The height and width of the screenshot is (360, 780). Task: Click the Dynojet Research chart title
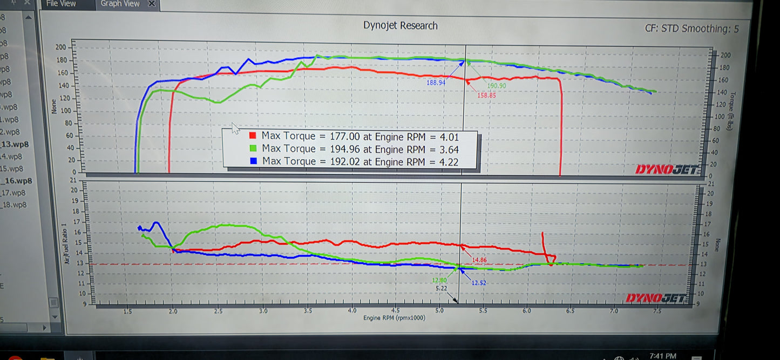(400, 25)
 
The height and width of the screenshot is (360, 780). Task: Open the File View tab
(61, 3)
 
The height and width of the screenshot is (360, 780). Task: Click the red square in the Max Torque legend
(253, 136)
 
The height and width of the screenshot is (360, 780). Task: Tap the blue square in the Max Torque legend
(253, 161)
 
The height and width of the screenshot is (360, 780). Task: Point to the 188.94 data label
(436, 83)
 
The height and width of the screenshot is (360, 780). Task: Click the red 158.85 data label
(486, 95)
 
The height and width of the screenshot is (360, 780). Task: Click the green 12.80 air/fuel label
(439, 280)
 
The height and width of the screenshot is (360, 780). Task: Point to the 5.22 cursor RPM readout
(441, 289)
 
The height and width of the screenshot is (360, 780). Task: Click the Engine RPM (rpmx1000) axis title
(394, 318)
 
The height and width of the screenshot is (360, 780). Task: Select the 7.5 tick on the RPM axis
(657, 311)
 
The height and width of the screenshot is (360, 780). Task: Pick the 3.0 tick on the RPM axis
(263, 311)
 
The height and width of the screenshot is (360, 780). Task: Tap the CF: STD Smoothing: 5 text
(692, 29)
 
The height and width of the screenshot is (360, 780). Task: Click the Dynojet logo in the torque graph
(668, 169)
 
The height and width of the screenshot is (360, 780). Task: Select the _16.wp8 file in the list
(18, 181)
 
